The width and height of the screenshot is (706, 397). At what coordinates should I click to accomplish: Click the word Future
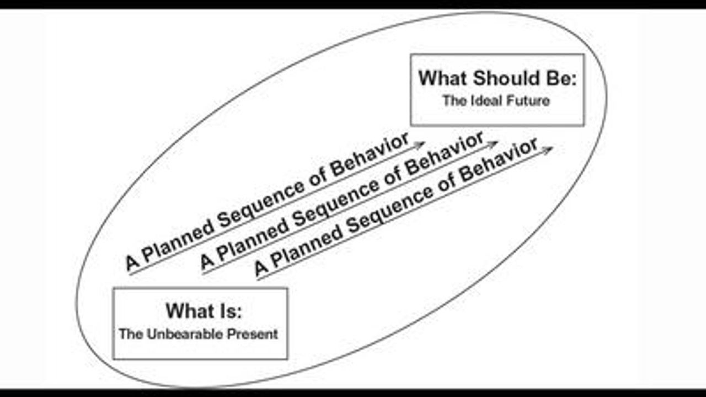[x=529, y=101]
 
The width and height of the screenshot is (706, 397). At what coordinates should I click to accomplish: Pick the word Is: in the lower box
[x=228, y=311]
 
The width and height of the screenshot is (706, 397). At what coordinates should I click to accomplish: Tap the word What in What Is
[x=189, y=311]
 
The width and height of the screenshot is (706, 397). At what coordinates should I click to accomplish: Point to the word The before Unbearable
[x=130, y=334]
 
